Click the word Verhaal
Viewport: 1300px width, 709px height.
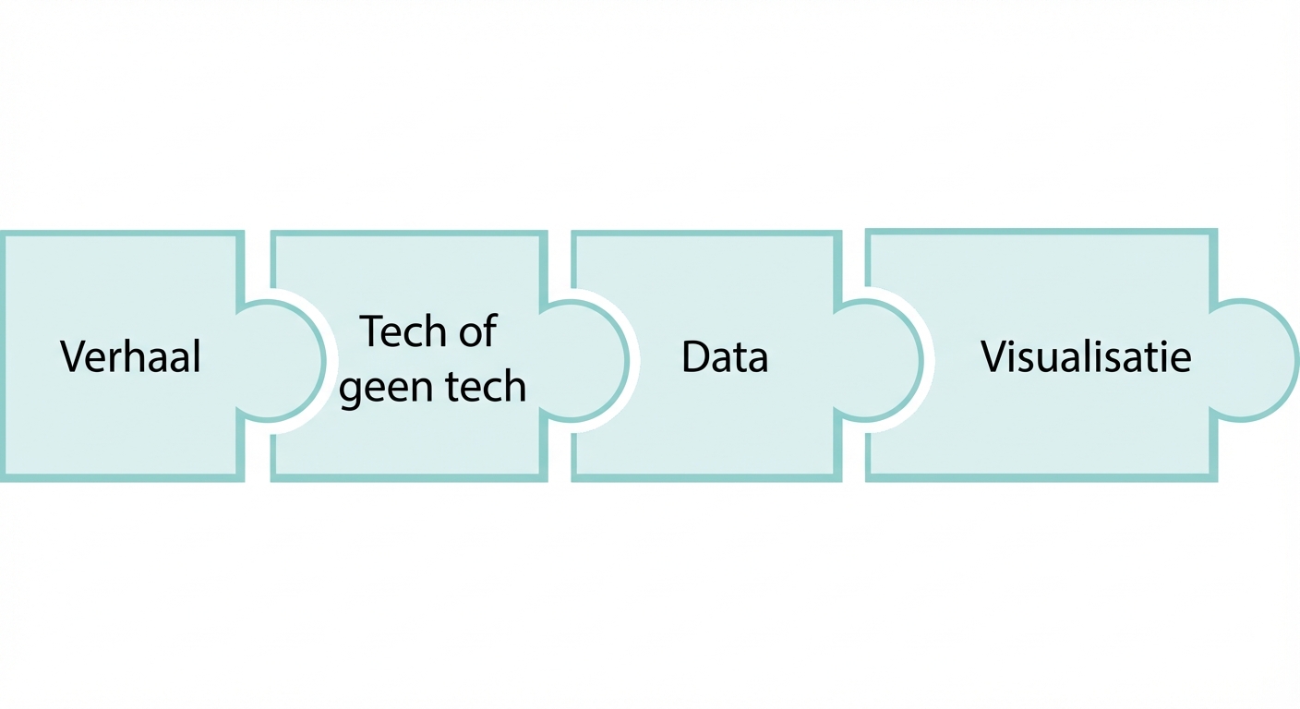130,357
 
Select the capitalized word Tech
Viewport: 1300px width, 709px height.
401,331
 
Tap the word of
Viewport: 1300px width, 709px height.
477,331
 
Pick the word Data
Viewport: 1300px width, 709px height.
724,357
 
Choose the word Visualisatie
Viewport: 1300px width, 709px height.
1085,357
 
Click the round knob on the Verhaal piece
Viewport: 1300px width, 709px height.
282,360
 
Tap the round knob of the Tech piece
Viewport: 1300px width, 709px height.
584,360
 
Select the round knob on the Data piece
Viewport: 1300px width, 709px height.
879,360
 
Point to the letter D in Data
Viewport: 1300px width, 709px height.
693,357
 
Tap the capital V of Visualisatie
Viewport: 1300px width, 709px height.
992,357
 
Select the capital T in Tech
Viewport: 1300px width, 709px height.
371,331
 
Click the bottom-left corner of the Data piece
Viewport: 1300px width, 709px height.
574,477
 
